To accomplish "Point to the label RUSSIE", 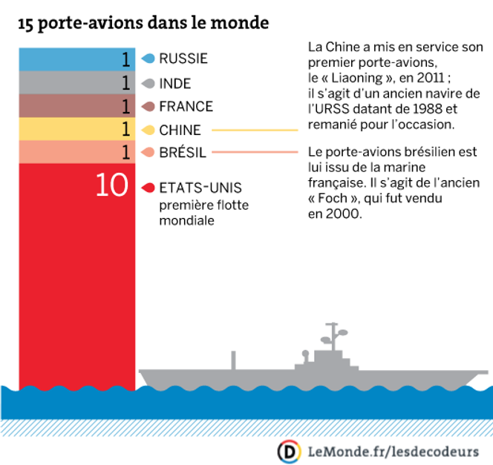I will pyautogui.click(x=183, y=59).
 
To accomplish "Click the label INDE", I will pyautogui.click(x=176, y=82).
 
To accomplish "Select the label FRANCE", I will pyautogui.click(x=186, y=106).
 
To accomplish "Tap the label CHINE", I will pyautogui.click(x=180, y=130).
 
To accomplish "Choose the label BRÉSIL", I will pyautogui.click(x=183, y=153).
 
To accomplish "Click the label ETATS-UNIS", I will pyautogui.click(x=200, y=188).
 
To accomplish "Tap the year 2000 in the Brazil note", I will pyautogui.click(x=345, y=214).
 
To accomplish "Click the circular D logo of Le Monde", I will pyautogui.click(x=289, y=450).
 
